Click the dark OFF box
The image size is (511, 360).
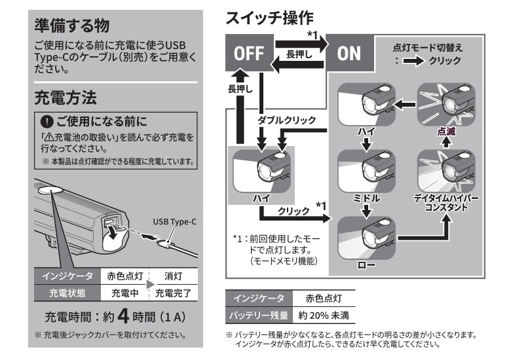248,52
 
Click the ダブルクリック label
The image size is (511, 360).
287,121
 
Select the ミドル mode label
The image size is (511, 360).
366,196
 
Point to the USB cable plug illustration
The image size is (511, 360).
166,246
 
